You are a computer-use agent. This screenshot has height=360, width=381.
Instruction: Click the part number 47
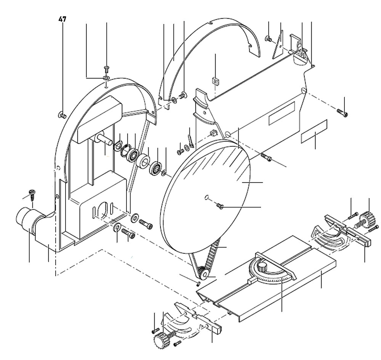[62, 19]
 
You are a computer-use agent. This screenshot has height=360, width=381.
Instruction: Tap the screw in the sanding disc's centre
[220, 206]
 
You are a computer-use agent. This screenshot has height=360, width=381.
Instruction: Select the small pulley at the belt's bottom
[202, 273]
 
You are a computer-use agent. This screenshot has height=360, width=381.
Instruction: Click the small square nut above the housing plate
[216, 81]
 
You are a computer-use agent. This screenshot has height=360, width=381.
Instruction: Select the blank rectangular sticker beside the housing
[314, 131]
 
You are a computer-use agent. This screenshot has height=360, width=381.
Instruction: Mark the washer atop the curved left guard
[106, 78]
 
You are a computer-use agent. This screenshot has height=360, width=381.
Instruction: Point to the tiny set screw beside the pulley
[198, 283]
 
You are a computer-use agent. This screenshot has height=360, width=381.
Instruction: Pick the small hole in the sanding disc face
[206, 197]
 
